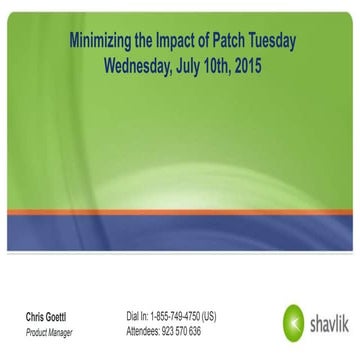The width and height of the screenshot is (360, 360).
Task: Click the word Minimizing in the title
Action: tap(101, 43)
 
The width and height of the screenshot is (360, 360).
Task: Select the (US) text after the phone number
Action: tap(208, 317)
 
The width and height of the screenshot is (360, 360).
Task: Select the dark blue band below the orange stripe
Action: tap(180, 233)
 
